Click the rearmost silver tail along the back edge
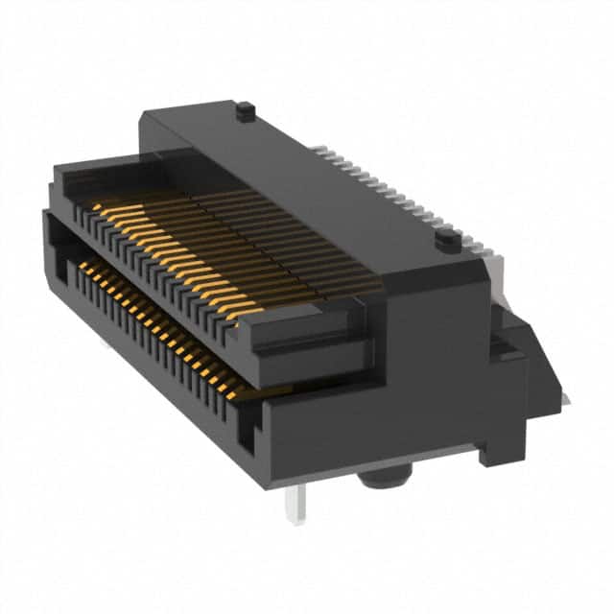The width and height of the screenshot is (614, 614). coord(318,149)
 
